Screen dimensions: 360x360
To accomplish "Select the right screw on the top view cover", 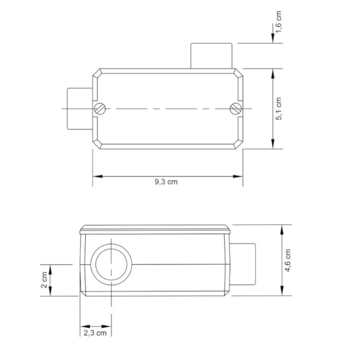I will coord(235,109).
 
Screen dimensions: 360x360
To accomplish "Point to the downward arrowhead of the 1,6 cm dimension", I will coord(273,40).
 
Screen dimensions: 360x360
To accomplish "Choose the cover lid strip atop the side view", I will coord(155,229).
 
